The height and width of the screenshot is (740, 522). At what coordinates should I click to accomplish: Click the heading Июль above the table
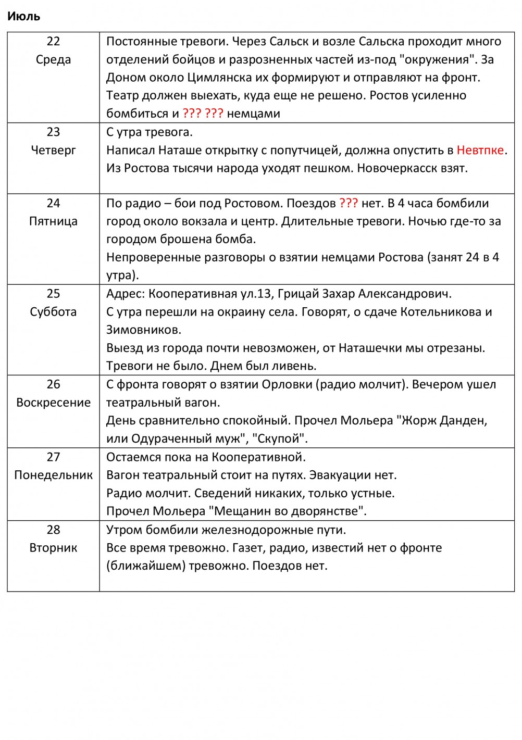23,16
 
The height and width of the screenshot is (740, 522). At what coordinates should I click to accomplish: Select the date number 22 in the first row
53,42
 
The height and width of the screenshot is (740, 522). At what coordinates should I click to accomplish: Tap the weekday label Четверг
53,150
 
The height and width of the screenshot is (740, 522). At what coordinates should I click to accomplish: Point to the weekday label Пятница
53,221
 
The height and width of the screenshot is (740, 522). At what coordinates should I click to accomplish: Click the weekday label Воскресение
53,402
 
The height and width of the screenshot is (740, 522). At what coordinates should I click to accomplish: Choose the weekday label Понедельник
53,475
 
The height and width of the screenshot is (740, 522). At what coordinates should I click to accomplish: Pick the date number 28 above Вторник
53,530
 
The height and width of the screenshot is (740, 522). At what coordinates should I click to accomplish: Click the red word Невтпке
480,150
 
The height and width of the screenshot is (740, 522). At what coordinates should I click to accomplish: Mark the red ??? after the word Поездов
349,203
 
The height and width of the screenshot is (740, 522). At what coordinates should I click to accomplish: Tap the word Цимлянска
219,78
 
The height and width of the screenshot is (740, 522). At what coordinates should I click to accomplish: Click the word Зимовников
144,330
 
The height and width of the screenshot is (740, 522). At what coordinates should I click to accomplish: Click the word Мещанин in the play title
239,511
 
